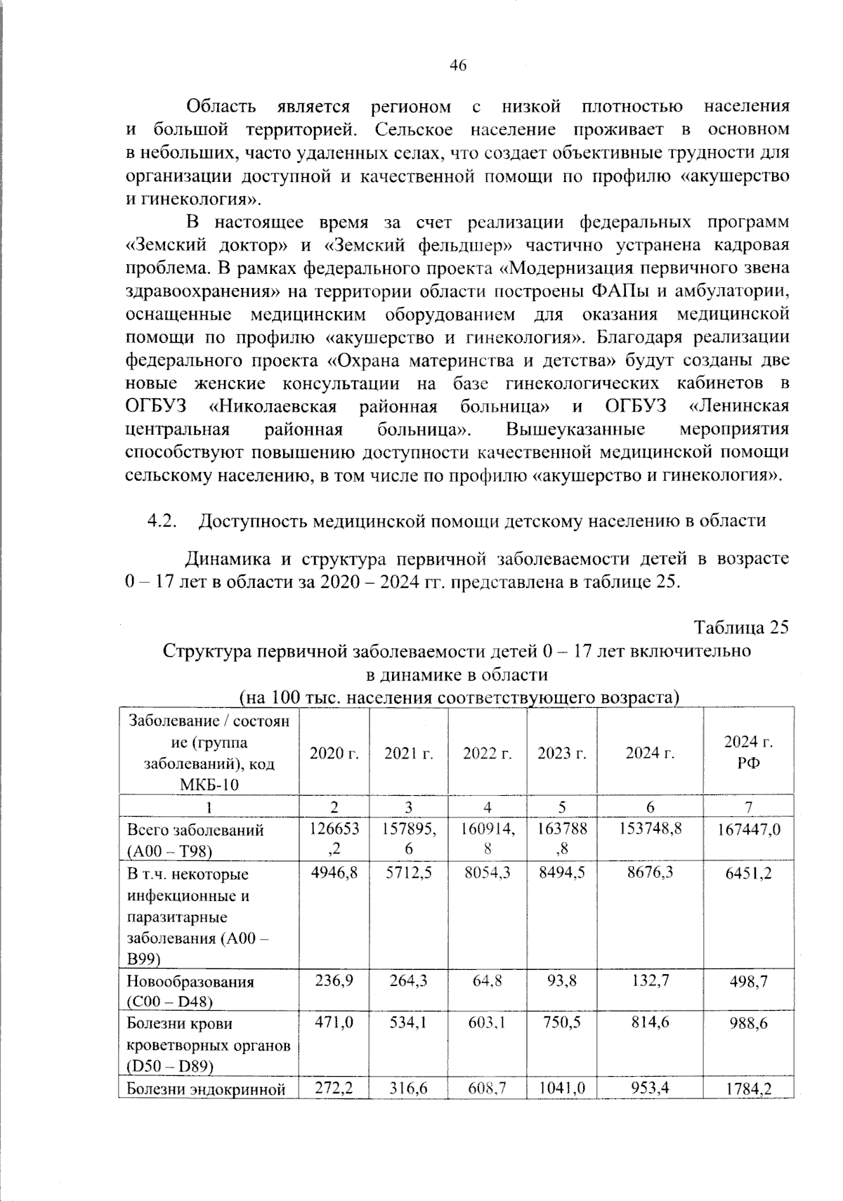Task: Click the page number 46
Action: [x=457, y=66]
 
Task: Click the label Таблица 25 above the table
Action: [x=741, y=627]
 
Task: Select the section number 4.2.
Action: [x=160, y=520]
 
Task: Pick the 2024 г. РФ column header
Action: [x=748, y=752]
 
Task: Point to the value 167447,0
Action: [x=748, y=830]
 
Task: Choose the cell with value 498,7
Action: [x=748, y=981]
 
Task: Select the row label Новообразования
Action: [x=190, y=981]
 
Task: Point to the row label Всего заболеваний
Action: [x=195, y=830]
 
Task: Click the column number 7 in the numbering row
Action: [x=748, y=806]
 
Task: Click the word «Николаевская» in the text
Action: [x=273, y=407]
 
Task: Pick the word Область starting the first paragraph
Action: [x=221, y=107]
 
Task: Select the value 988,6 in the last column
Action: [x=748, y=1024]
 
